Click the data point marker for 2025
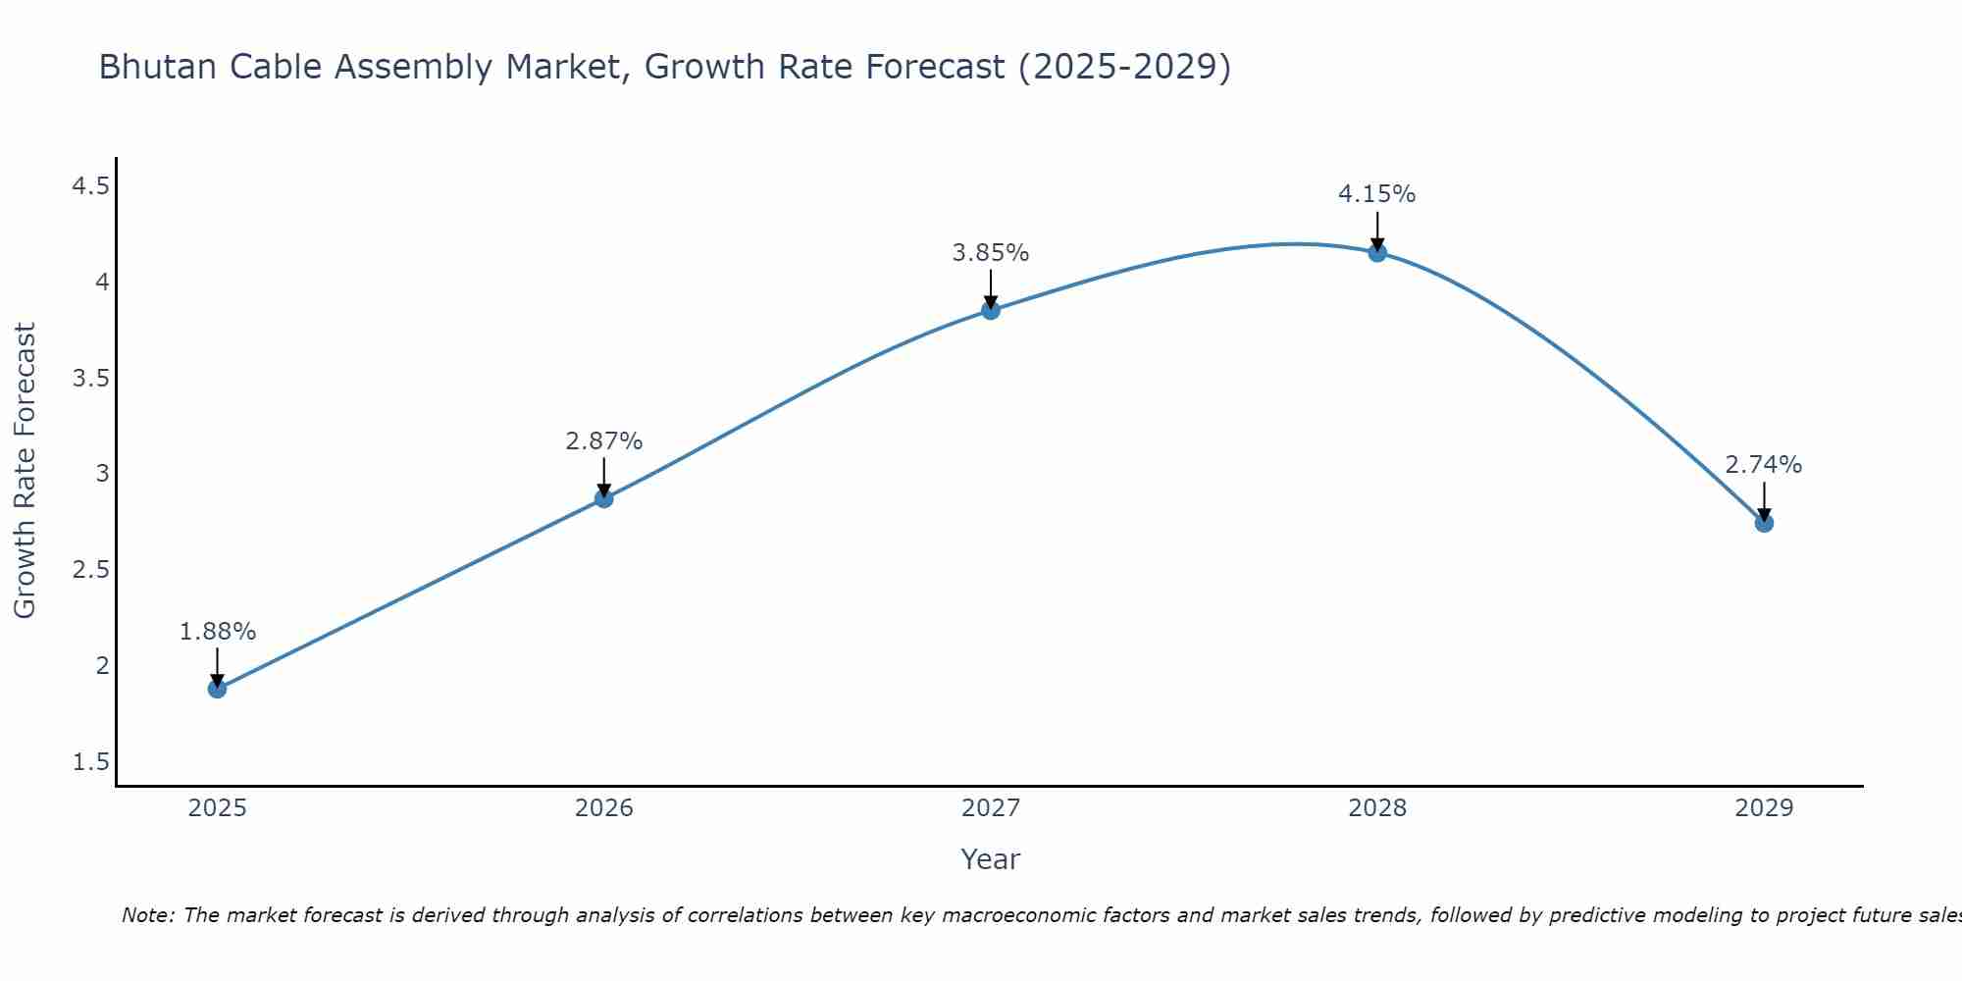coord(217,689)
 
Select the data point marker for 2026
coord(603,498)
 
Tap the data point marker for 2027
coord(990,311)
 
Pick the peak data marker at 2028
coord(1376,253)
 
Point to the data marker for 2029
coord(1763,523)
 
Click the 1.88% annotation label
coord(217,632)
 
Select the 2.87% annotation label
coord(603,441)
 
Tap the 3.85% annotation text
coord(990,253)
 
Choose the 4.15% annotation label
coord(1376,194)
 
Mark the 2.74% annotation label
coord(1763,465)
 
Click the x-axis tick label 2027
coord(990,808)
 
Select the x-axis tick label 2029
coord(1763,808)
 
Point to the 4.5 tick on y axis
coord(90,186)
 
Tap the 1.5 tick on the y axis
coord(90,762)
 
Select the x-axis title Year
coord(990,859)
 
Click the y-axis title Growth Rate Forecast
coord(25,471)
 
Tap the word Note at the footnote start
coord(147,915)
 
